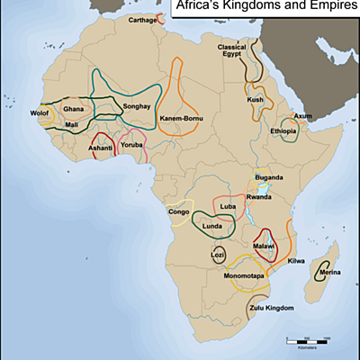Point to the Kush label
(256, 100)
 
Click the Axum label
(303, 117)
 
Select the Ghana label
(73, 109)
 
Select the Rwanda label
(258, 197)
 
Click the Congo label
(179, 211)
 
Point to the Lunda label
(211, 226)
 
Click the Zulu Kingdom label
(271, 309)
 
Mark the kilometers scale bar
(306, 339)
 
